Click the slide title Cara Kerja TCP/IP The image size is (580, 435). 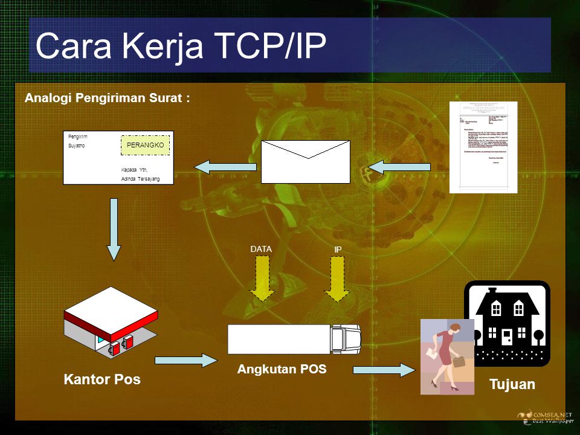(181, 46)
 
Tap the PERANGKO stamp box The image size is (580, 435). (146, 146)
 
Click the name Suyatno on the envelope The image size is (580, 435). (77, 146)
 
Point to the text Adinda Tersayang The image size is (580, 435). (141, 179)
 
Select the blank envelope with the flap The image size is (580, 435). (305, 161)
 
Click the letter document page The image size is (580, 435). (483, 147)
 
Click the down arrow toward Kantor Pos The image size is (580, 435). (114, 230)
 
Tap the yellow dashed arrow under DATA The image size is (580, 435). (262, 278)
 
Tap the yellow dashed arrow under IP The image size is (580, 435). (338, 278)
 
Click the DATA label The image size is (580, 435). (261, 248)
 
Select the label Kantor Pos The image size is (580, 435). (102, 379)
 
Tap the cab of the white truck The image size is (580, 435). (346, 339)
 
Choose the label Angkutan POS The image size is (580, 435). (282, 369)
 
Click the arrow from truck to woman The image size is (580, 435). (384, 369)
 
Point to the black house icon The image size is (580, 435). (507, 323)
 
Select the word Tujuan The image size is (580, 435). (512, 384)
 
